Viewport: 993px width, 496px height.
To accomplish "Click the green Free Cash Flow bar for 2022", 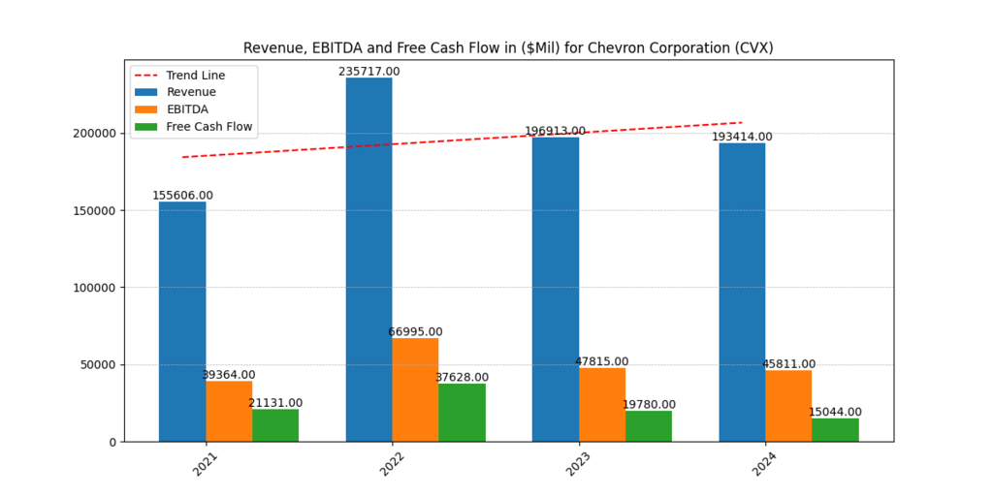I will coord(462,413).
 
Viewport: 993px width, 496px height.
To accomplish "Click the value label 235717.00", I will coord(368,72).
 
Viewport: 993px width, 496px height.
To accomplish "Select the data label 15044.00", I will coord(835,412).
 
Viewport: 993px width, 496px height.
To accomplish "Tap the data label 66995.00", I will coord(415,331).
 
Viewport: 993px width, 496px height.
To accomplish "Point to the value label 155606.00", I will coord(182,196).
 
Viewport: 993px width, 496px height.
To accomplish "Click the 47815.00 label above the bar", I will coord(601,361).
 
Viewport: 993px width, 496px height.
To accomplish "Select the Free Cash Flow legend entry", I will coord(209,127).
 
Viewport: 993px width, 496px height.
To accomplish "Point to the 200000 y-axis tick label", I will coord(94,134).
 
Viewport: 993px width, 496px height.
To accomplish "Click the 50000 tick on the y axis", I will coord(98,365).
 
